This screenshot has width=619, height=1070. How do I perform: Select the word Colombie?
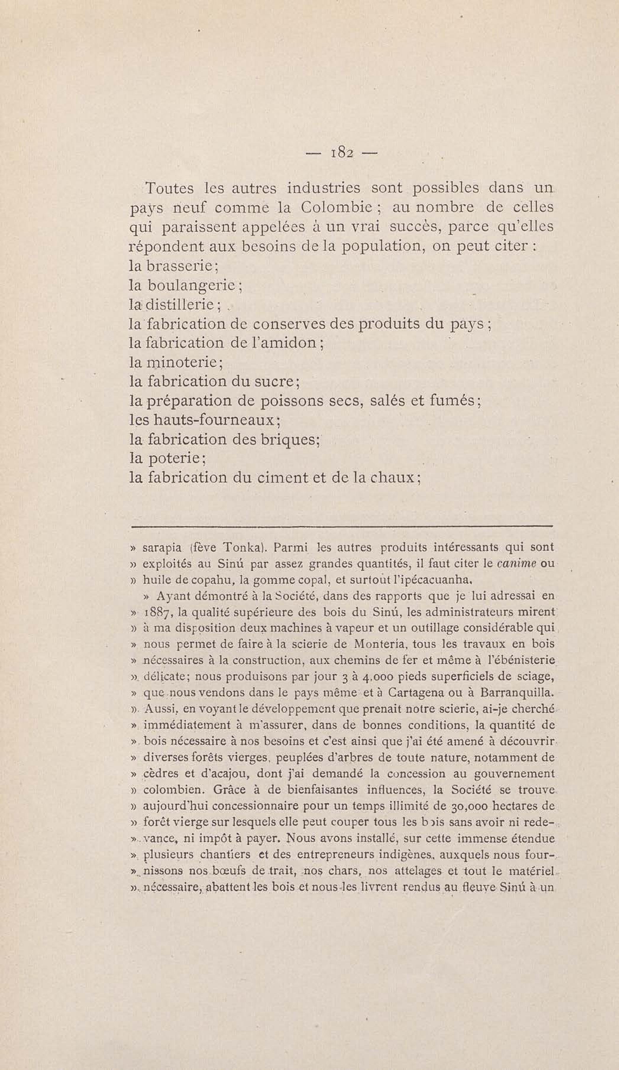coord(337,208)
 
